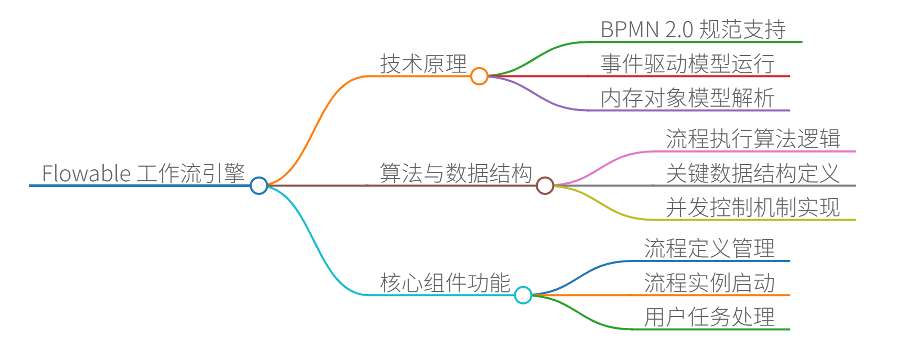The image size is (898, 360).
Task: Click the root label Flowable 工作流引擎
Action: pyautogui.click(x=143, y=173)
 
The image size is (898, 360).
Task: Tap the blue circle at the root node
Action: pyautogui.click(x=259, y=186)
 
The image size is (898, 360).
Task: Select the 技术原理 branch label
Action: pyautogui.click(x=423, y=64)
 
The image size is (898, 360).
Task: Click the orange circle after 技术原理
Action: pyautogui.click(x=479, y=76)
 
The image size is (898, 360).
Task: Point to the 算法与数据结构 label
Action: pyautogui.click(x=456, y=173)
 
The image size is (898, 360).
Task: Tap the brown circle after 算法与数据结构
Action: pyautogui.click(x=545, y=186)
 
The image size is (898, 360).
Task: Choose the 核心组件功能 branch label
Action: pyautogui.click(x=445, y=283)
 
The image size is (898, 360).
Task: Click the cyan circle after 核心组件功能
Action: pyautogui.click(x=523, y=295)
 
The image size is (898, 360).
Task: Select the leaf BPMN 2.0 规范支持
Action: pyautogui.click(x=693, y=29)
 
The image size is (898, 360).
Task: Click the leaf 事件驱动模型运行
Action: pyautogui.click(x=687, y=64)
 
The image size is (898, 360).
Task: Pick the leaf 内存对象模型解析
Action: pyautogui.click(x=687, y=98)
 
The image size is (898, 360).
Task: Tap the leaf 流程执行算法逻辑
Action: pyautogui.click(x=753, y=139)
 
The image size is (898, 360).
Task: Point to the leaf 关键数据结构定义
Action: pyautogui.click(x=753, y=173)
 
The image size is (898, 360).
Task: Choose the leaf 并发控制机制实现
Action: pyautogui.click(x=753, y=208)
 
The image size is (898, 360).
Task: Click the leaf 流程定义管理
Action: pyautogui.click(x=709, y=248)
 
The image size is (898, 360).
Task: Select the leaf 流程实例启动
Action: pyautogui.click(x=709, y=283)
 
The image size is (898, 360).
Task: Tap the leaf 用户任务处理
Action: pyautogui.click(x=709, y=317)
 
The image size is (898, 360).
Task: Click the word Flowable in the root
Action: pyautogui.click(x=86, y=173)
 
